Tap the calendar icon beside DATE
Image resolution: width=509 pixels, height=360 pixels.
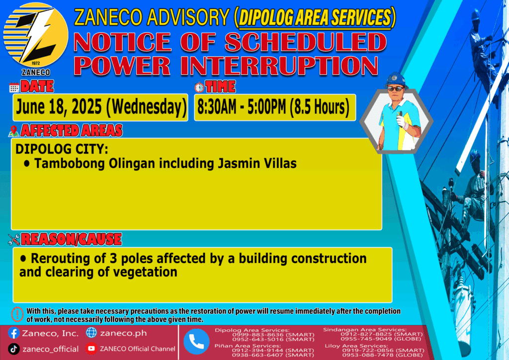[14, 88]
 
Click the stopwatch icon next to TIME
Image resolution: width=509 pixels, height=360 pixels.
[199, 88]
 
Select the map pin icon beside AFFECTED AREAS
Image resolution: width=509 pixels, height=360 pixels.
[13, 131]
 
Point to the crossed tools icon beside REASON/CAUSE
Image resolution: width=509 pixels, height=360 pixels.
[14, 240]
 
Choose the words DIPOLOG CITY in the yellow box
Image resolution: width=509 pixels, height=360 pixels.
[62, 149]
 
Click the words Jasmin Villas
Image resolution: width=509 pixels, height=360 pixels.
[257, 163]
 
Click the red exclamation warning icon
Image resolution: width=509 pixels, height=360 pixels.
[17, 314]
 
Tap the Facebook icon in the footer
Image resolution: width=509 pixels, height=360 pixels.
[13, 333]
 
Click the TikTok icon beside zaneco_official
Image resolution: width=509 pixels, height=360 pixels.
[13, 349]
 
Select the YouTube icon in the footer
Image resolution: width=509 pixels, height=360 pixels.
[91, 349]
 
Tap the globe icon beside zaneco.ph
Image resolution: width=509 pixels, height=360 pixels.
[91, 333]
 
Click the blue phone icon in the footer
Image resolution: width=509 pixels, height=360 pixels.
[196, 342]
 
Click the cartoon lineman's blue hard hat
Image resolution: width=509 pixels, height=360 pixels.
[395, 80]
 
